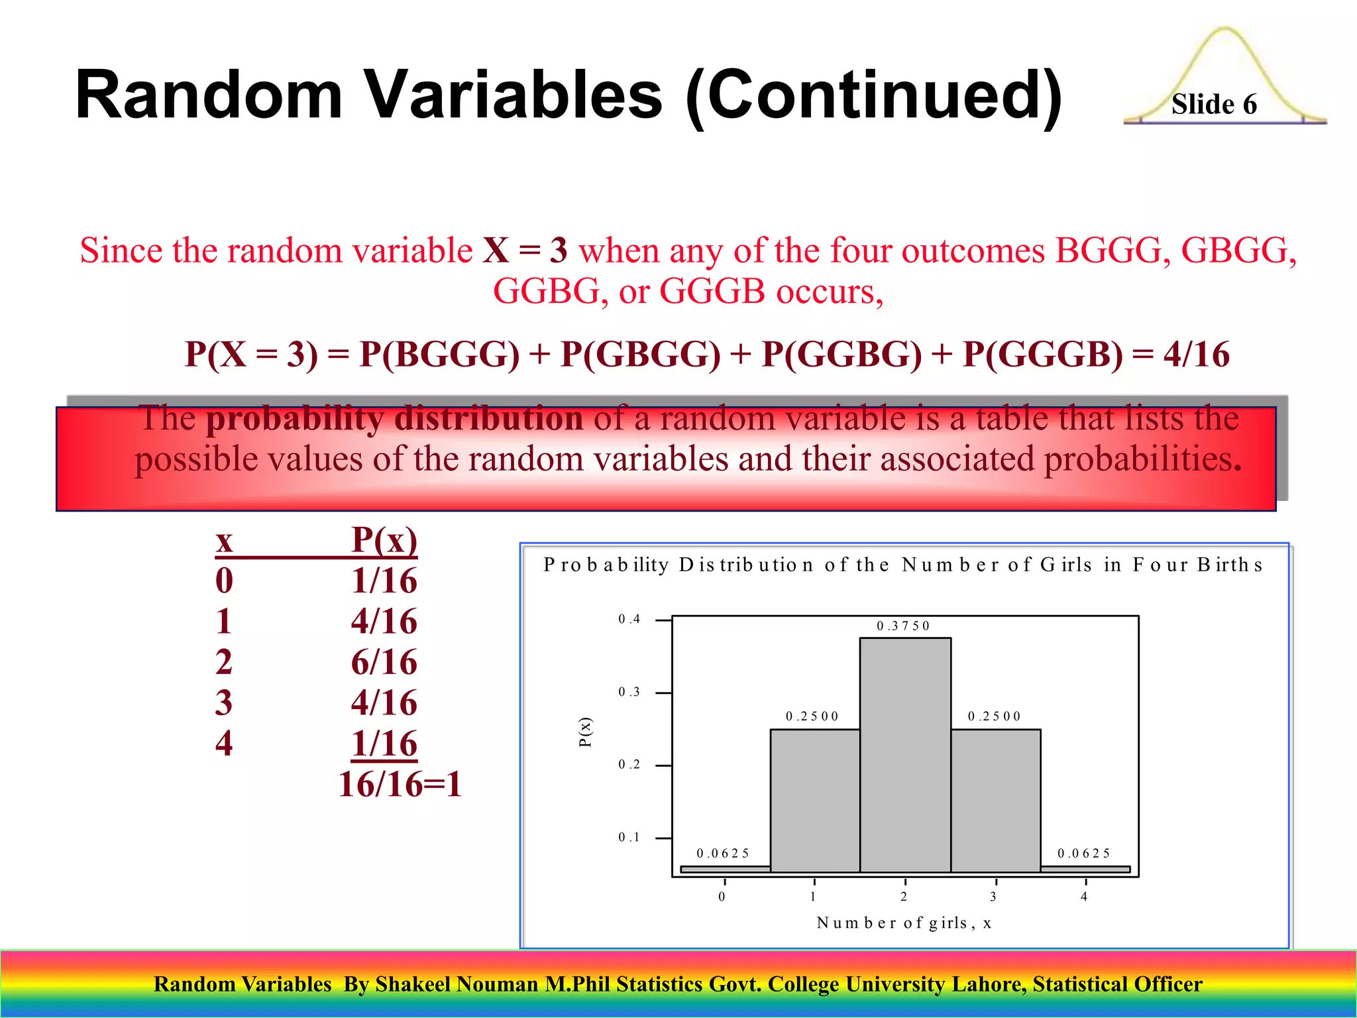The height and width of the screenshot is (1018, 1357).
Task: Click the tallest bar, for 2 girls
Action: tap(905, 756)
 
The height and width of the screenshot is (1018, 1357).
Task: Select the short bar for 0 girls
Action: tap(725, 869)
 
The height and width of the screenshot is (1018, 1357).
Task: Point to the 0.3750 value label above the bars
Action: tap(903, 626)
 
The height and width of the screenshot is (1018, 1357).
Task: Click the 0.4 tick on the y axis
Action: tap(629, 619)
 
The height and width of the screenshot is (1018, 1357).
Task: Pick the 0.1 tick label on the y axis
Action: tap(629, 837)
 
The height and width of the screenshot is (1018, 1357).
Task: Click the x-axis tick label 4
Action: tap(1084, 897)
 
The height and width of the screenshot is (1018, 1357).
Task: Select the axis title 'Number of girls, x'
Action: tap(904, 923)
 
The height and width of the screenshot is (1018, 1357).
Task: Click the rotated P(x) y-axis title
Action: tap(585, 732)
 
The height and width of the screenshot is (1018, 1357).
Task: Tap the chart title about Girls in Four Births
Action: tap(902, 565)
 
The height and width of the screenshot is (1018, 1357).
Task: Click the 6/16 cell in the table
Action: tap(384, 661)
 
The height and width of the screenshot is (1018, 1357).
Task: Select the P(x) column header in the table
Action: tap(384, 539)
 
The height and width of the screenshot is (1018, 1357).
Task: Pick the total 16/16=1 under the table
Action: tap(400, 784)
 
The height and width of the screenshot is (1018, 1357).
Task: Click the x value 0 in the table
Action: tap(224, 581)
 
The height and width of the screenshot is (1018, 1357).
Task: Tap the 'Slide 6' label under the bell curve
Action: tap(1213, 104)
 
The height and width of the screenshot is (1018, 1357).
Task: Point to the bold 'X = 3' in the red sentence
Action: tap(525, 251)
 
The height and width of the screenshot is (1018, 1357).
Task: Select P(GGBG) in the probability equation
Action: tap(841, 354)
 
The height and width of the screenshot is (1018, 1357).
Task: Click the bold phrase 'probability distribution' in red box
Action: tap(394, 418)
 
